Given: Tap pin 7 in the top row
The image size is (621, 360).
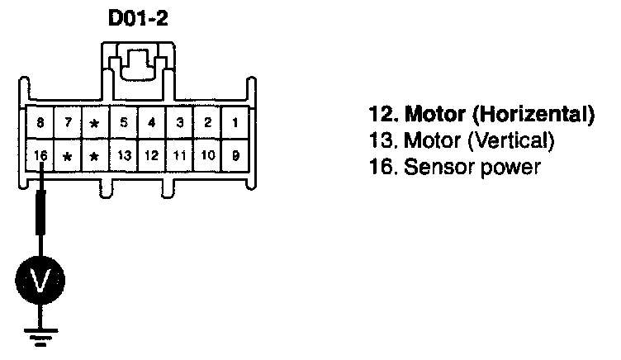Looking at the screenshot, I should [x=69, y=124].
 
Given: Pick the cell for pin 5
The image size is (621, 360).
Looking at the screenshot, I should [x=124, y=124].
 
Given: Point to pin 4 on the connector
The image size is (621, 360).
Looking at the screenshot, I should [x=152, y=124].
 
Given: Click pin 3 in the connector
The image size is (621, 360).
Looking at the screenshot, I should [x=180, y=124].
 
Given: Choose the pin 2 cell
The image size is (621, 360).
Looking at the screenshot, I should [x=208, y=124].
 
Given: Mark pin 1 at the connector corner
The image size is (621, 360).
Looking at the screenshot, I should [x=235, y=124].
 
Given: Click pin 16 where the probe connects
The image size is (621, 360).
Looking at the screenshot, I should [x=40, y=154].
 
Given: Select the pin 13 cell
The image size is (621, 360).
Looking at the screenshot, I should [x=124, y=154].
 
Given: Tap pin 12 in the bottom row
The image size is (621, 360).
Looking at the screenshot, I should [x=152, y=154].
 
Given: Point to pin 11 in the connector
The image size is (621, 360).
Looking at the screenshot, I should [x=180, y=154].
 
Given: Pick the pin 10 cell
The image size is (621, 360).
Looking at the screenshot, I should [x=208, y=154].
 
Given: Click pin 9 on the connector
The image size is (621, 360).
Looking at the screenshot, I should [x=235, y=154].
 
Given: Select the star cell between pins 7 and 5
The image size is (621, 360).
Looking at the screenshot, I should [x=96, y=124].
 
